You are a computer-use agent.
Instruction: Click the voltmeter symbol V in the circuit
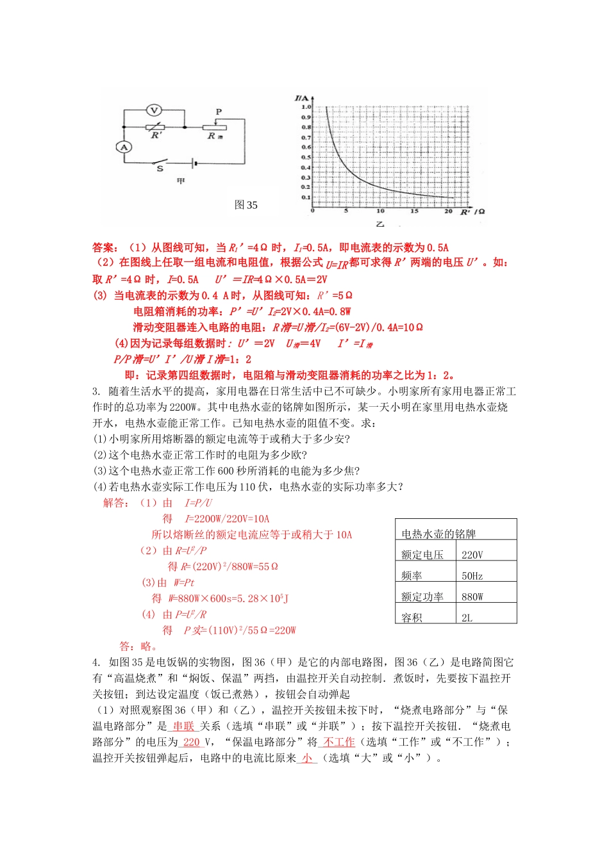(x=153, y=110)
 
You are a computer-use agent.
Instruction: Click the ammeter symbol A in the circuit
(x=124, y=147)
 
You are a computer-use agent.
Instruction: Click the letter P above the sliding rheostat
(x=219, y=112)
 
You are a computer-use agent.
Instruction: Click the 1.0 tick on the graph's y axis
(x=306, y=107)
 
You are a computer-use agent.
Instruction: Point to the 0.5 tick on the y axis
(x=306, y=157)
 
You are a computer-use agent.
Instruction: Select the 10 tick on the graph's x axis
(x=380, y=211)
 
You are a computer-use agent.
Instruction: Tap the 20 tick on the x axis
(x=448, y=211)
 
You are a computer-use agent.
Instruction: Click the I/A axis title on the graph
(x=301, y=98)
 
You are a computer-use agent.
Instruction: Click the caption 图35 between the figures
(x=246, y=205)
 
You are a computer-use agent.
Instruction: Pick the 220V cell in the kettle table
(x=472, y=555)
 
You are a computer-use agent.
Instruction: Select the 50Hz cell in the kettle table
(x=472, y=576)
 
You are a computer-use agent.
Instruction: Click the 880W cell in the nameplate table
(x=472, y=596)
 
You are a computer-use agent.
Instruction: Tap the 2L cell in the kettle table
(x=467, y=618)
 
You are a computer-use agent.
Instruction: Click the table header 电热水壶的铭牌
(x=438, y=534)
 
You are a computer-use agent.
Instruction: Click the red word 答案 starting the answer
(x=104, y=247)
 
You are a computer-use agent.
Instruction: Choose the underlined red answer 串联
(x=184, y=726)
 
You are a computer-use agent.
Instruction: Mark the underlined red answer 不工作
(x=339, y=742)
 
